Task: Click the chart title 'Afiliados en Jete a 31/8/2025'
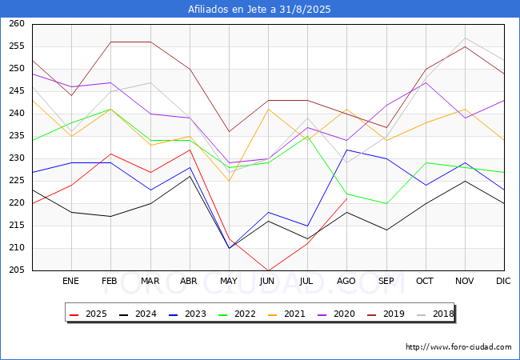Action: click(x=259, y=9)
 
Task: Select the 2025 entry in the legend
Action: click(x=88, y=314)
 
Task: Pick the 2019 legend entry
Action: click(x=386, y=314)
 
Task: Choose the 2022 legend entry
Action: click(x=237, y=314)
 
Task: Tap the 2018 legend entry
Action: click(x=435, y=314)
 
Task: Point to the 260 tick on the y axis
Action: click(x=17, y=23)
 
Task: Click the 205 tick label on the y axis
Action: click(x=17, y=270)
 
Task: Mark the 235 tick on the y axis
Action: click(x=17, y=135)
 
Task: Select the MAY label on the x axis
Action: click(x=229, y=281)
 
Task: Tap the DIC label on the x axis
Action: click(x=503, y=281)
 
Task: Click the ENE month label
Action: click(x=70, y=281)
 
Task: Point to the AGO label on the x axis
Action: click(x=346, y=281)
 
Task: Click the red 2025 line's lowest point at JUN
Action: click(x=268, y=270)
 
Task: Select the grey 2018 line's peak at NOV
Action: click(x=466, y=38)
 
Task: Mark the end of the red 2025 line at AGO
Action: click(x=347, y=198)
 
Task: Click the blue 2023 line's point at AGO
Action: click(x=347, y=150)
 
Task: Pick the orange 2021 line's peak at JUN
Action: click(x=268, y=109)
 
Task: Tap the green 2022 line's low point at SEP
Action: click(x=386, y=203)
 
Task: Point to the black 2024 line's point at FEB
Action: click(x=110, y=217)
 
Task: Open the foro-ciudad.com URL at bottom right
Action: click(x=458, y=347)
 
